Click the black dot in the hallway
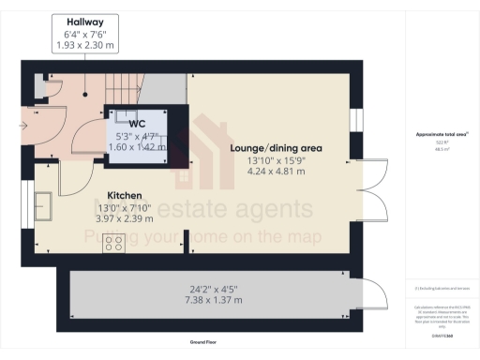pos(85,92)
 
